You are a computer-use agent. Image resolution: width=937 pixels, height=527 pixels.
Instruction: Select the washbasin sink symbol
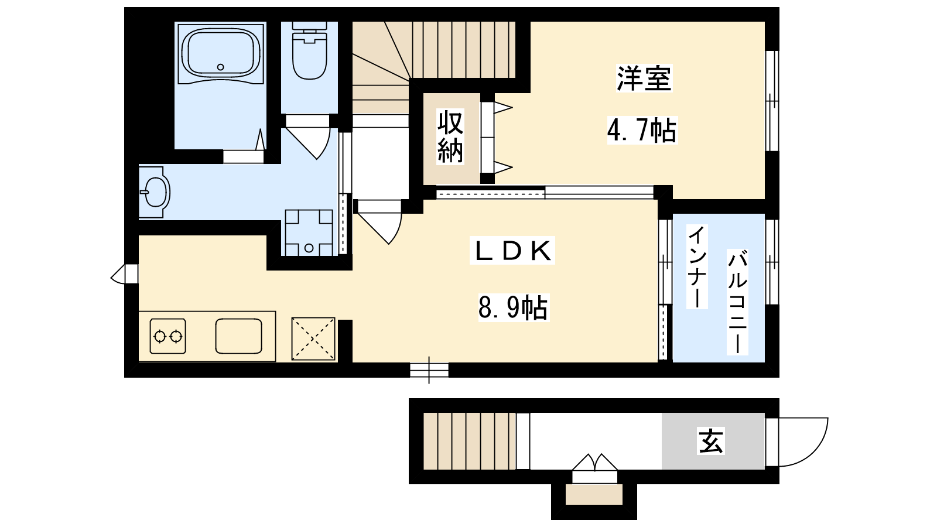coord(155,193)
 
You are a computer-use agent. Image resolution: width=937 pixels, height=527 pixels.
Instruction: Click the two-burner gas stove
coord(167,336)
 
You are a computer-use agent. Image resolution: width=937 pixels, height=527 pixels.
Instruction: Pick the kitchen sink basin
coord(239,336)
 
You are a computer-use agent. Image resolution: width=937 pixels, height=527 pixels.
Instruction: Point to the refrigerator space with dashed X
coord(313,339)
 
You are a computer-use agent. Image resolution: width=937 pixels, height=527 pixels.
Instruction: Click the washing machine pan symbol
coord(309,232)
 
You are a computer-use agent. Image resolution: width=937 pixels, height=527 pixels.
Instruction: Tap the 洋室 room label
coord(644,78)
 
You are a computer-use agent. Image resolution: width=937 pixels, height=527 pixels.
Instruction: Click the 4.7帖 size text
coord(642,130)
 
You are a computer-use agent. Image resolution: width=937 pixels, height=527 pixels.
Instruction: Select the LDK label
coord(512,251)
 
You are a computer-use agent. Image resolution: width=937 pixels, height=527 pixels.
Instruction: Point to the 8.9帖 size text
coord(513,308)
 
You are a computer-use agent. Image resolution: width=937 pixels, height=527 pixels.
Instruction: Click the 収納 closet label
coord(450,136)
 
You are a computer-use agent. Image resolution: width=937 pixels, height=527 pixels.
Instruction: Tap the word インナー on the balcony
coord(697,266)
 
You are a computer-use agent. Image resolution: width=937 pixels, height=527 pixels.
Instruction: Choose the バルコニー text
coord(737,302)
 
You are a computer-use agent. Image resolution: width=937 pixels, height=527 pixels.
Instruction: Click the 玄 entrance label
coord(711,441)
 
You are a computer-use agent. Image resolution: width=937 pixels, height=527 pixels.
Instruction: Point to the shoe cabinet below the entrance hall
coord(594,495)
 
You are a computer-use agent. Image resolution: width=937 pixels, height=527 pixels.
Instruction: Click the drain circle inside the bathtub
coord(220,67)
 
